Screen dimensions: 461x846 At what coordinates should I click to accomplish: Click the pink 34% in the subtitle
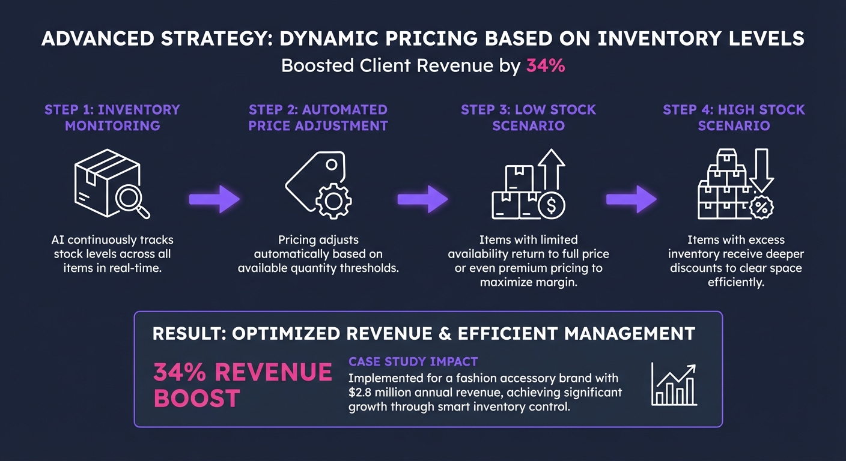546,66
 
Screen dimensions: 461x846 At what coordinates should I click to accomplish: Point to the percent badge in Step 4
761,207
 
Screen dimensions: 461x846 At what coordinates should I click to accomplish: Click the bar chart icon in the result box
674,385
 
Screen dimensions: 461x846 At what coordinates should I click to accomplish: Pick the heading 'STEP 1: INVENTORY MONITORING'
112,118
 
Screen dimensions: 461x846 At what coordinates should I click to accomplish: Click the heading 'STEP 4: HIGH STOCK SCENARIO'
734,118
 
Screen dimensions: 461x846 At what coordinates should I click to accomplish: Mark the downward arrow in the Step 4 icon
762,170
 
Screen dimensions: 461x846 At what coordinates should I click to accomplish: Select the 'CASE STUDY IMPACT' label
413,362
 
